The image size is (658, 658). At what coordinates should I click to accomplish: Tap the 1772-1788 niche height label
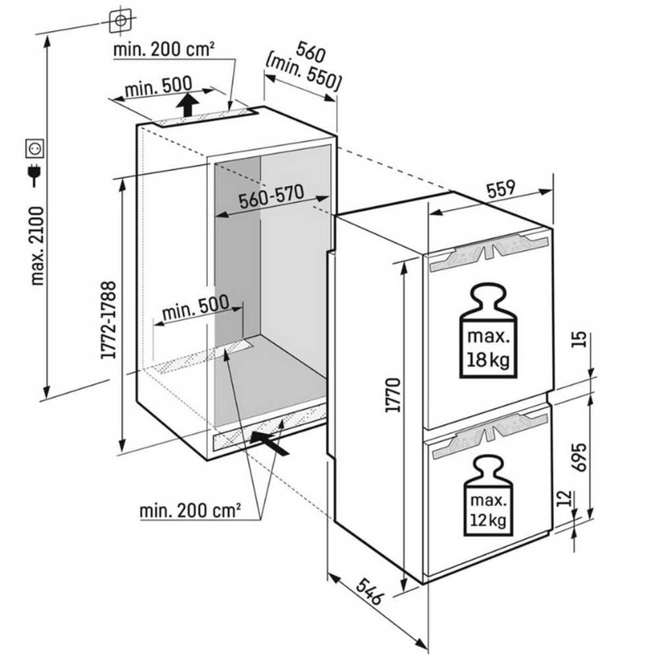109,320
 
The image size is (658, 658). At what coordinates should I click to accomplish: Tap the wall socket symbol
33,149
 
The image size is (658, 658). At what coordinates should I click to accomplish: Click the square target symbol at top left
120,21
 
